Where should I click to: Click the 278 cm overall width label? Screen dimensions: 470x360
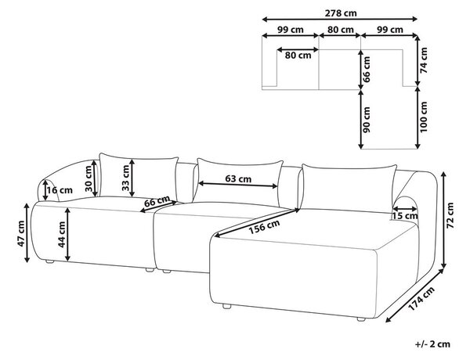(x=341, y=13)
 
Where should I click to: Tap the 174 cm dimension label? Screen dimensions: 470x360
(x=421, y=299)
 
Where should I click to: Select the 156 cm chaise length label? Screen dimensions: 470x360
(x=264, y=227)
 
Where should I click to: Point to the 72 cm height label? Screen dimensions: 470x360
(x=450, y=215)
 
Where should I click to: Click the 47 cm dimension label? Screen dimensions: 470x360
(x=21, y=234)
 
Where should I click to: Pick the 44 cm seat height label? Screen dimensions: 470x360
(x=61, y=234)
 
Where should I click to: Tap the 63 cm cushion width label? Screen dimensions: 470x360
(x=238, y=178)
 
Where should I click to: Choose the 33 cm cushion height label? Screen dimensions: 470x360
(x=125, y=178)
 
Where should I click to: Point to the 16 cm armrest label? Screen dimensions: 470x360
(x=60, y=190)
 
